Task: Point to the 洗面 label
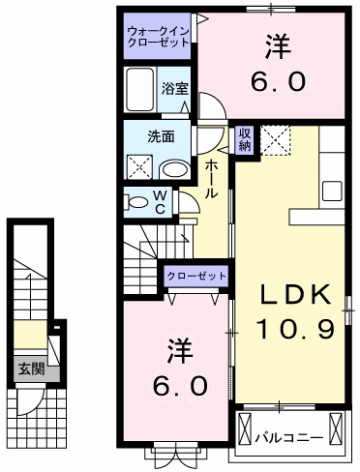(x=161, y=136)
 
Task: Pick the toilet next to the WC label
(x=136, y=202)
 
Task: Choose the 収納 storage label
(x=246, y=138)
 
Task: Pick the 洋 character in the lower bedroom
(x=175, y=347)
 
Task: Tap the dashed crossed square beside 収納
(x=278, y=140)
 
